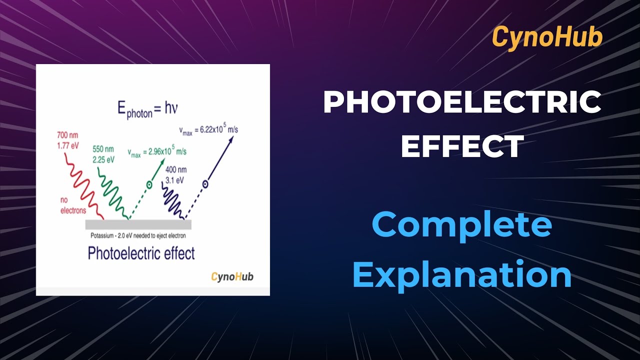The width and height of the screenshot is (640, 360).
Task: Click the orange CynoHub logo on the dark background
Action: [x=547, y=37]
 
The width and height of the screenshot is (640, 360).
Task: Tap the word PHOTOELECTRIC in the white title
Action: [x=462, y=102]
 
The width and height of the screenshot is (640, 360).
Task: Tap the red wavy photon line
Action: [x=82, y=185]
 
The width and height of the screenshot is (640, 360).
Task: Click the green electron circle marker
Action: [x=148, y=185]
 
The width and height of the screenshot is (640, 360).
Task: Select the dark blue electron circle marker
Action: [x=204, y=184]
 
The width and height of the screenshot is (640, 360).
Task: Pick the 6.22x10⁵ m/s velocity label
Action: [x=215, y=130]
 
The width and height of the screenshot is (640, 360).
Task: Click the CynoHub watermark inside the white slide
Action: [x=232, y=276]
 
